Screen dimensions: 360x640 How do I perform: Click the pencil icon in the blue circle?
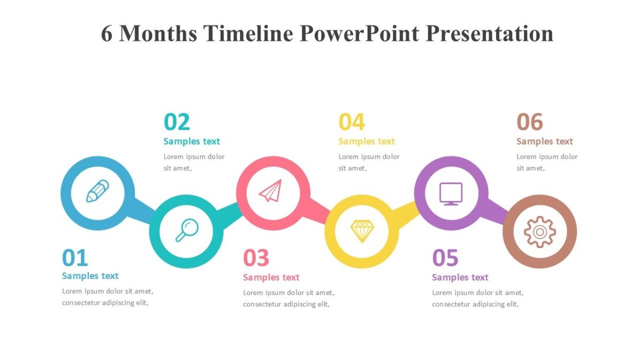pos(98,191)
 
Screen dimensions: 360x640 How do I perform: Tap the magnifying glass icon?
pos(187,230)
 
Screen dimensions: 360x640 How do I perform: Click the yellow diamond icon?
pos(362,231)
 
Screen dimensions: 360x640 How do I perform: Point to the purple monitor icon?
pos(451,194)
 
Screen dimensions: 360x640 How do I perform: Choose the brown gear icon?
pos(540,231)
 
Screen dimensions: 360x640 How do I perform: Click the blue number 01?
pos(75,258)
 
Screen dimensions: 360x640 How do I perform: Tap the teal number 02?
pos(177,122)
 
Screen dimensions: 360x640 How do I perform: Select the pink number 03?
pos(256,258)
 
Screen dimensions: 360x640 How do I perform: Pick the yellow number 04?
pos(352,122)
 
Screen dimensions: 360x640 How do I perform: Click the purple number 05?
pos(445,258)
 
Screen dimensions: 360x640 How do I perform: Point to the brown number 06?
pos(530,122)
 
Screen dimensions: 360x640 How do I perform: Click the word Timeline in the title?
pos(248,33)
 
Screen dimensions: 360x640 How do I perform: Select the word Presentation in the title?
pos(489,33)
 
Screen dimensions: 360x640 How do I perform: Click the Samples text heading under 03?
pos(271,277)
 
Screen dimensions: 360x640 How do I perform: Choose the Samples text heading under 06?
pos(545,141)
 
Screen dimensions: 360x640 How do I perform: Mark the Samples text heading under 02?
pos(191,141)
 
